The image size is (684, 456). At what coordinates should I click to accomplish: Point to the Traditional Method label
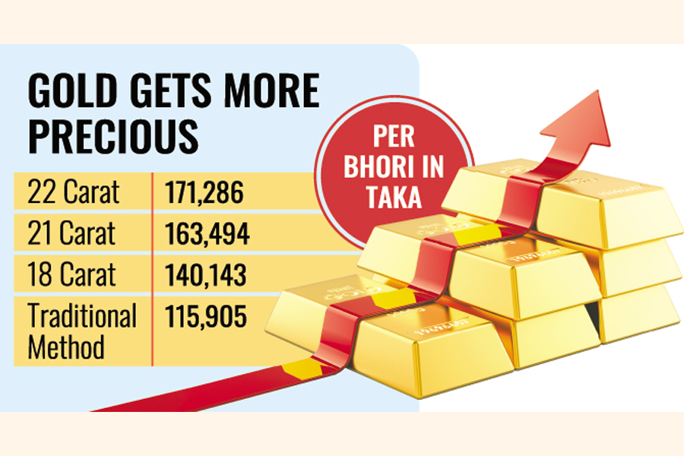click(81, 331)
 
